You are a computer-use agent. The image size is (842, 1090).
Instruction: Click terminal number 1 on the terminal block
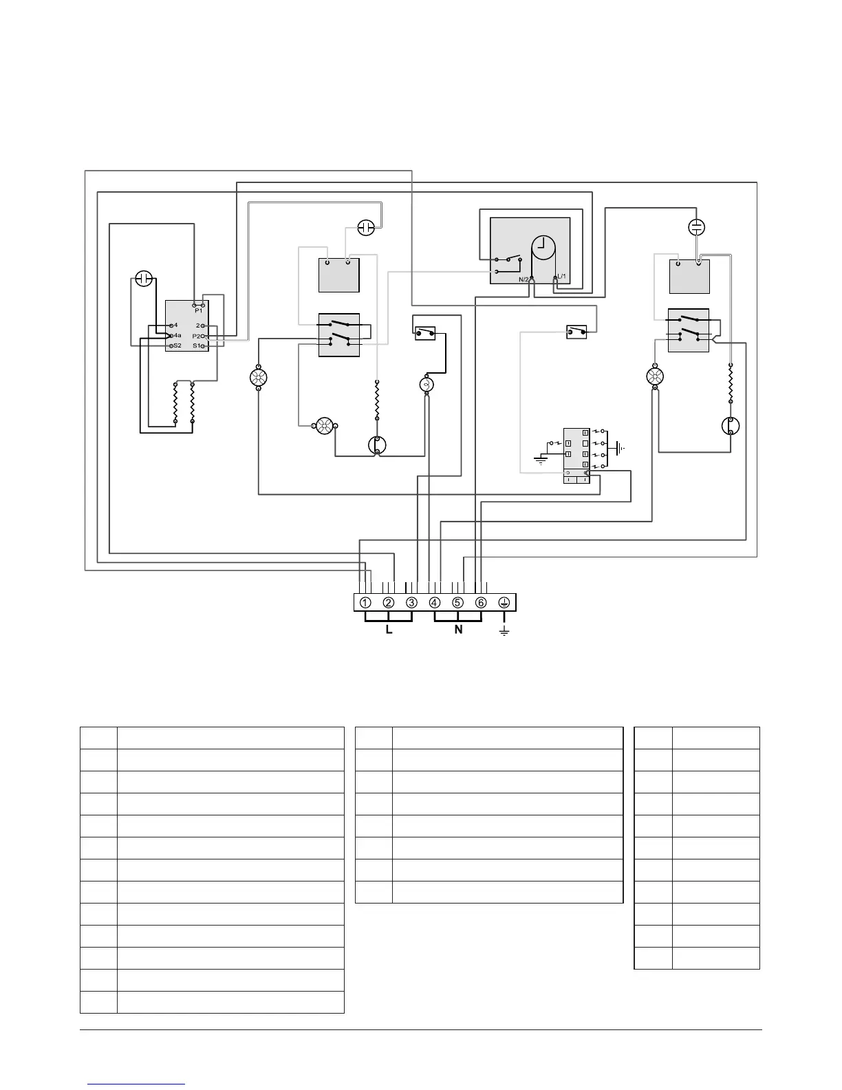(x=365, y=603)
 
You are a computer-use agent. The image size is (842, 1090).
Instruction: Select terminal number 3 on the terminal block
(x=411, y=603)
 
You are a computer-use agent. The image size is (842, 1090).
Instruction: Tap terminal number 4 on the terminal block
(x=435, y=603)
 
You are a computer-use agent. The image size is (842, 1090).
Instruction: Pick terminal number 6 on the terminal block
(x=481, y=603)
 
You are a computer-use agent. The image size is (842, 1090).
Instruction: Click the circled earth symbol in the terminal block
(x=504, y=603)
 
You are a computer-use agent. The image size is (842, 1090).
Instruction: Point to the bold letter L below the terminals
(x=389, y=630)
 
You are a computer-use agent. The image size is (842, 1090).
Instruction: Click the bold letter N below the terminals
(x=458, y=630)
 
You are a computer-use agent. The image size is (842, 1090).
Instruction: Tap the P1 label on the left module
(x=198, y=311)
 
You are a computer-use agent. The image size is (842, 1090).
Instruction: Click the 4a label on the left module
(x=177, y=335)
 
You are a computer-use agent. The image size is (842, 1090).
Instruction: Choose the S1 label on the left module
(x=197, y=345)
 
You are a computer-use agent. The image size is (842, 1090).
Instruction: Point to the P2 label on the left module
(x=197, y=336)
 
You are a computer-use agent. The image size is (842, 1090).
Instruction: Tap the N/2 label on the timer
(x=524, y=279)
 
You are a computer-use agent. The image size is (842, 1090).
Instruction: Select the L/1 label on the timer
(x=561, y=276)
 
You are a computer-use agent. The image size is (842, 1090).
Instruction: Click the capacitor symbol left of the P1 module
(x=143, y=279)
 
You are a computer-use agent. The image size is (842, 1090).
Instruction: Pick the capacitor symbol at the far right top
(x=697, y=226)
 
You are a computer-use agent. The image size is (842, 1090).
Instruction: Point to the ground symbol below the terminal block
(x=504, y=630)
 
